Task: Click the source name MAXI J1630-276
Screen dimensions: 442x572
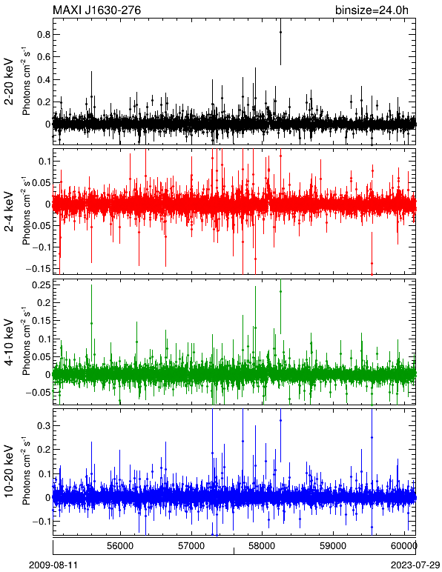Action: click(x=96, y=10)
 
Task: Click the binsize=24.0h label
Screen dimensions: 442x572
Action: click(x=372, y=10)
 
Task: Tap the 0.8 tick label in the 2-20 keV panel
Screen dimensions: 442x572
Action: click(x=44, y=35)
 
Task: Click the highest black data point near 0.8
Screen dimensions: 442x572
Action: click(x=280, y=32)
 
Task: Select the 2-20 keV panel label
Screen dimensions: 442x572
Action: click(x=10, y=82)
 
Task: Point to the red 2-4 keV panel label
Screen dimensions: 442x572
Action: click(x=10, y=212)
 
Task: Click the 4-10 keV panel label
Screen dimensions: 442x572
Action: click(x=10, y=342)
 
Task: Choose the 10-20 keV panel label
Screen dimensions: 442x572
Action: click(x=10, y=471)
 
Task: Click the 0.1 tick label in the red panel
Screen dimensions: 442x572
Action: click(x=44, y=162)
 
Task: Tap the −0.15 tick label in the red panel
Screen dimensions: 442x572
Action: click(x=38, y=269)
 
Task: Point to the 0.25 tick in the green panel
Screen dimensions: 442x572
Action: click(x=42, y=285)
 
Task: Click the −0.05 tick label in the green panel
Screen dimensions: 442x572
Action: click(x=38, y=393)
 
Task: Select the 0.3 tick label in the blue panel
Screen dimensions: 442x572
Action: click(x=44, y=426)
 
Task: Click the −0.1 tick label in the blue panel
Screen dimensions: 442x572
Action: click(x=41, y=522)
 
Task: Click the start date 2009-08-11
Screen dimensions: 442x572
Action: click(x=53, y=565)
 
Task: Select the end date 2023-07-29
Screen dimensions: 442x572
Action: click(x=415, y=565)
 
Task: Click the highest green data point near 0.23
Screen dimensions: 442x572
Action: click(x=280, y=291)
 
